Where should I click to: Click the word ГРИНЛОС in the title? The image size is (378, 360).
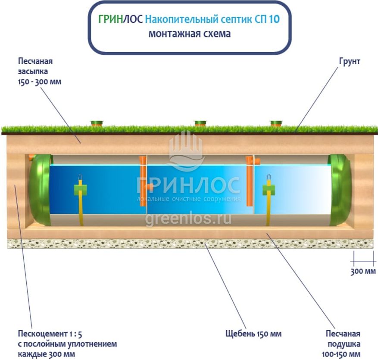[121, 20]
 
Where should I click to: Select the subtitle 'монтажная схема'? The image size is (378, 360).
[189, 34]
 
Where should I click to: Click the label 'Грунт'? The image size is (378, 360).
[350, 62]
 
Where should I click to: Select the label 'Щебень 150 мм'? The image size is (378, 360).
[253, 334]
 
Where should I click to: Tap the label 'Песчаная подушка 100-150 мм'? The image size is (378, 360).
[343, 344]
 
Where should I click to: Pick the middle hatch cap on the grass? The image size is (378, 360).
[200, 124]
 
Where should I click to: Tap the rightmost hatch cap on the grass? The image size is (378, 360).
[276, 124]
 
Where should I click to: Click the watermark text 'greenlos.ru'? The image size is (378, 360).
[188, 219]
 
